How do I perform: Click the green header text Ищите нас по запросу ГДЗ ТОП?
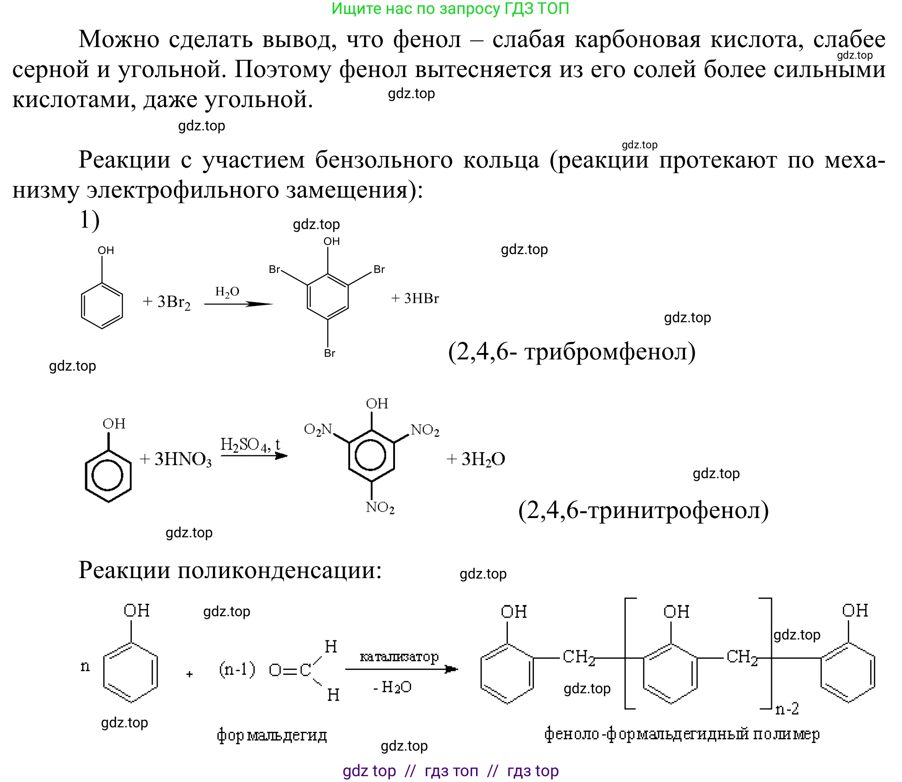(450, 9)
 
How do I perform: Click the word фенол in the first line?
(427, 40)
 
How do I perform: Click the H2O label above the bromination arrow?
(227, 292)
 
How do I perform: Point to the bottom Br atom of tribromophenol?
(330, 353)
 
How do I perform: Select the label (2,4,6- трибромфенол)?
(572, 352)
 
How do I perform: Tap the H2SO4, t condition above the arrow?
(250, 445)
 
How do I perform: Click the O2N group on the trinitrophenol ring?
(317, 430)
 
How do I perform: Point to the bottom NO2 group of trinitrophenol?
(380, 507)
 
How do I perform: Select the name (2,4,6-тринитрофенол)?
(643, 510)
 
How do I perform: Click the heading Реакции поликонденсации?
(230, 570)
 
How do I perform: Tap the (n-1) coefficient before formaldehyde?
(237, 669)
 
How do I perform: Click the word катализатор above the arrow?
(399, 657)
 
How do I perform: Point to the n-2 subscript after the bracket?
(787, 709)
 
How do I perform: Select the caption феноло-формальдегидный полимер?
(682, 734)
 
